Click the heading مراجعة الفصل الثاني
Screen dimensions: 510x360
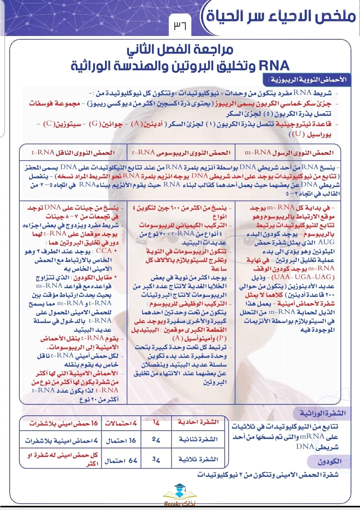[180, 50]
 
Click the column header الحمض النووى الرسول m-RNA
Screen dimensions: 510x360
[289, 153]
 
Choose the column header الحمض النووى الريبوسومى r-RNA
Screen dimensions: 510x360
[181, 153]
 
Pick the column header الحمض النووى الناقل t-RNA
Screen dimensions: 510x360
[73, 153]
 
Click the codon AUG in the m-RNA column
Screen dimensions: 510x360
[326, 242]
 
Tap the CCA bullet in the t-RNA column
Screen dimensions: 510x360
[104, 251]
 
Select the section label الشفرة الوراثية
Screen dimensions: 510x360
[322, 413]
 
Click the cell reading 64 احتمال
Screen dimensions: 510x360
[121, 461]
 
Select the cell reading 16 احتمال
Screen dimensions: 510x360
[121, 441]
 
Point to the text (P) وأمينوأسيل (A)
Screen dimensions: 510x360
[199, 338]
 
